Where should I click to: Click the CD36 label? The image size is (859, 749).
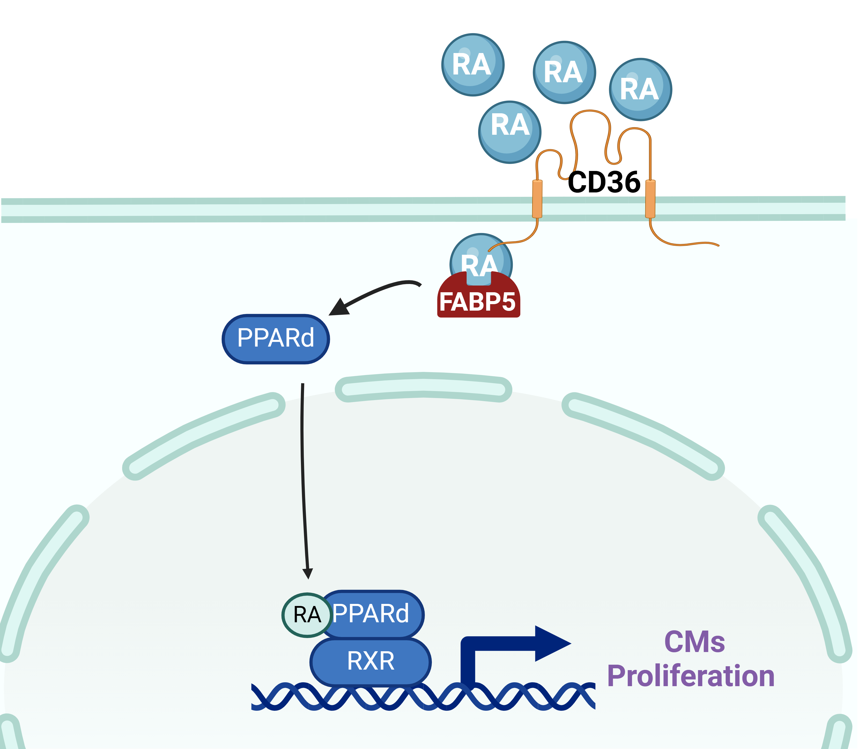tap(604, 183)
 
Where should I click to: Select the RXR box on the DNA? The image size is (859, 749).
tap(371, 661)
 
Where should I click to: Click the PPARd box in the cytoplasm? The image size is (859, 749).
tap(276, 339)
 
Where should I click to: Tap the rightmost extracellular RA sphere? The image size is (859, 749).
tap(640, 89)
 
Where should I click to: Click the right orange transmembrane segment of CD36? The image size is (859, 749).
tap(650, 199)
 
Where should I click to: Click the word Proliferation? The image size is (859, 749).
tap(691, 676)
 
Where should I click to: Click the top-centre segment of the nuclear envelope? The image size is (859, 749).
tap(423, 387)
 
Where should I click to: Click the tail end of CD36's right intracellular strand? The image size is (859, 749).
tap(718, 245)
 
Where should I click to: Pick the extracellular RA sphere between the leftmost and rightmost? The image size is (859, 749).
tap(564, 72)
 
